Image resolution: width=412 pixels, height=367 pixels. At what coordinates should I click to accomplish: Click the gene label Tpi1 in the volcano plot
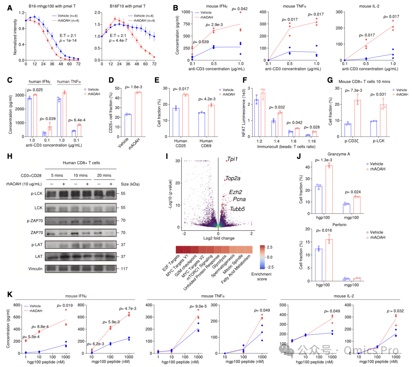pos(232,159)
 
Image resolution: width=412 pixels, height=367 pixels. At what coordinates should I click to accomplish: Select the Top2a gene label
pos(233,178)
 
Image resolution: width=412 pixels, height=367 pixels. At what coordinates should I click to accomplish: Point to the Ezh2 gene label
pos(235,192)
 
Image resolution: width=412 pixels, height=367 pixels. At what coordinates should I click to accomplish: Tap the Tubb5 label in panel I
pos(237,209)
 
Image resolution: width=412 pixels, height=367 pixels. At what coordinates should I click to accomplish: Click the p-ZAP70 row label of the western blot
pos(35,221)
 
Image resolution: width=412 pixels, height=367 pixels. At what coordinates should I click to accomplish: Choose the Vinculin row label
pos(35,268)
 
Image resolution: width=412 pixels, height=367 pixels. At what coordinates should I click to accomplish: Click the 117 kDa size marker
pos(124,268)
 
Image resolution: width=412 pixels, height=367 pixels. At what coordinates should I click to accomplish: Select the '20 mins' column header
pos(104,175)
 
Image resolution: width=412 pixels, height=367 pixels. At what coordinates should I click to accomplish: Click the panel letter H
pos(10,156)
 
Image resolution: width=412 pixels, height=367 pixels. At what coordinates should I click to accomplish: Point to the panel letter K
pos(10,294)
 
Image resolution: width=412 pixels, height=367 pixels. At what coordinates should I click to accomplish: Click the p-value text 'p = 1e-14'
pos(68,40)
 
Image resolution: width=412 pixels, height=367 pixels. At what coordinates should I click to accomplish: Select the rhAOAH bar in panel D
pos(138,115)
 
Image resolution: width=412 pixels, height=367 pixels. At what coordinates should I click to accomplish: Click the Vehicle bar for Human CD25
pos(176,122)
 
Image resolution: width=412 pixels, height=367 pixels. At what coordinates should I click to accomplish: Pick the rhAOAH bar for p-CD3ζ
pos(357,118)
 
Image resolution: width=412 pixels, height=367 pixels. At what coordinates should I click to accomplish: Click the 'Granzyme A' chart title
pos(339,154)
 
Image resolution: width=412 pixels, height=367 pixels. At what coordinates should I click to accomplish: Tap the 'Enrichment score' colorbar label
pos(261,276)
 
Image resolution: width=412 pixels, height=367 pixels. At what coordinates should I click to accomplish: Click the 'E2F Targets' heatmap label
pos(171,263)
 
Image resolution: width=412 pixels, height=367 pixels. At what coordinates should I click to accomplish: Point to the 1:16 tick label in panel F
pos(312,141)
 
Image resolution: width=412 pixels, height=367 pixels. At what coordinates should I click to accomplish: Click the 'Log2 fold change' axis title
pos(219,238)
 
